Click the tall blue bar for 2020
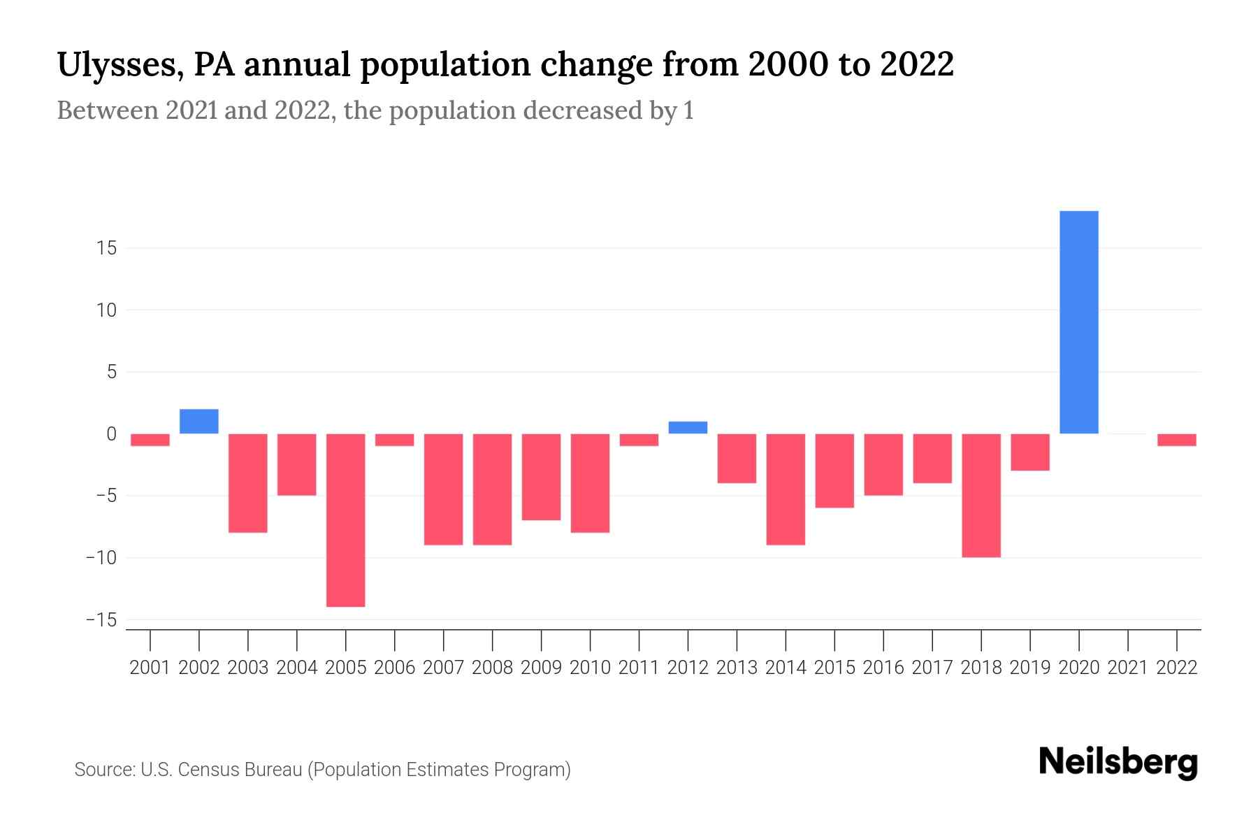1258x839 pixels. point(1078,322)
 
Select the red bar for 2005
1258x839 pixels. point(346,520)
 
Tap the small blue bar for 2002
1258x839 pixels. point(199,422)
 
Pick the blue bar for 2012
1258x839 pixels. point(688,428)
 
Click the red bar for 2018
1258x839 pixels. point(981,495)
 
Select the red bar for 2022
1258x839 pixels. point(1176,440)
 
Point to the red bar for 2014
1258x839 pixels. point(786,489)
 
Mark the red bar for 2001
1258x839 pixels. point(150,440)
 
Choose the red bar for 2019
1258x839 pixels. point(1029,452)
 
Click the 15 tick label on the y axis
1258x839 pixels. point(107,248)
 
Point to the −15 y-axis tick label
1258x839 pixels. point(101,620)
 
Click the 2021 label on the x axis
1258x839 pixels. point(1127,668)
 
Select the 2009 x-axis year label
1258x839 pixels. point(541,668)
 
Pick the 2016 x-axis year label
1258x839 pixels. point(883,668)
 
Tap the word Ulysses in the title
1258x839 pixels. point(119,66)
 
